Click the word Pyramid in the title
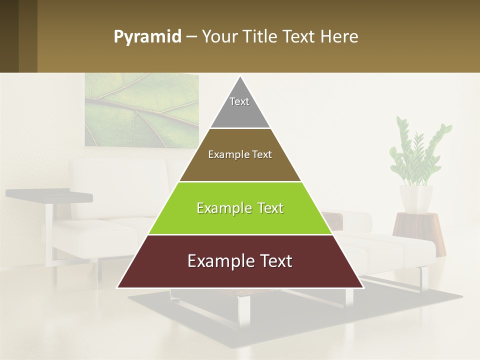pyautogui.click(x=147, y=37)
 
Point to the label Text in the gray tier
pyautogui.click(x=239, y=101)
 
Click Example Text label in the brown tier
pyautogui.click(x=240, y=154)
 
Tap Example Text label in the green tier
pyautogui.click(x=240, y=208)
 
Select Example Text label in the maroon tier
pyautogui.click(x=240, y=261)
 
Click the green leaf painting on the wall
pyautogui.click(x=140, y=110)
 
